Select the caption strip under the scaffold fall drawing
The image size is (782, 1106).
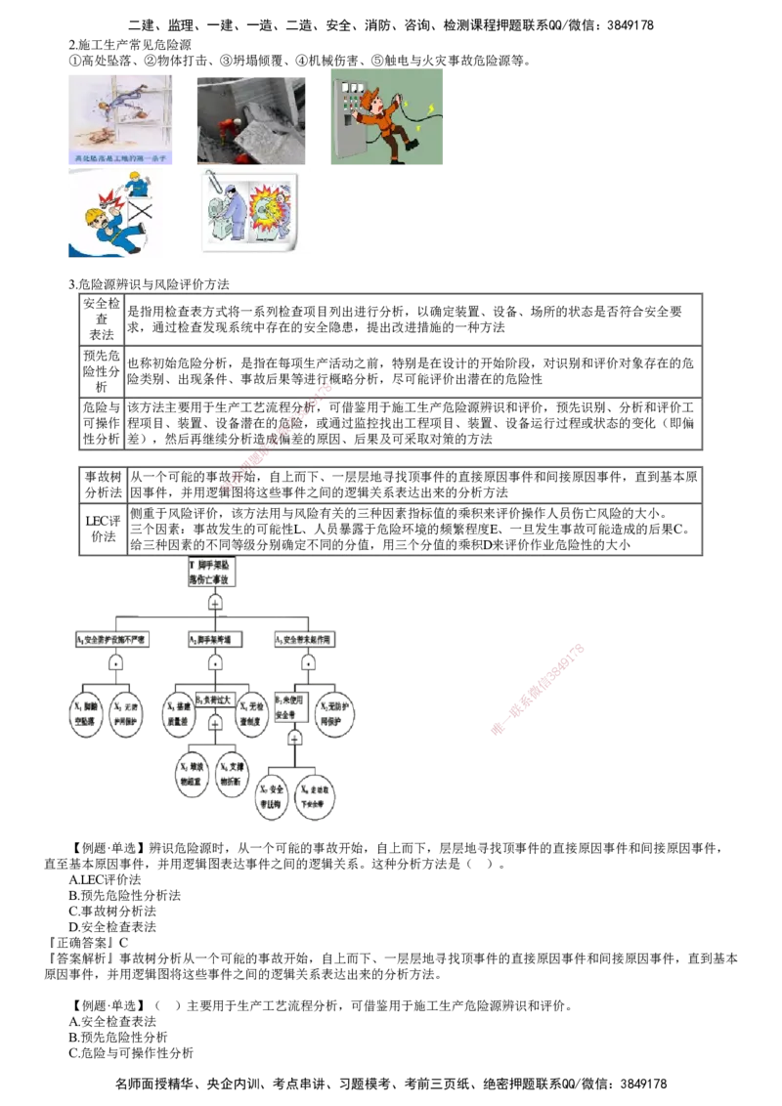121,156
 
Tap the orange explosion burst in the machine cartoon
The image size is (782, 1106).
265,210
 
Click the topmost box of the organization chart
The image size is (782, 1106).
211,574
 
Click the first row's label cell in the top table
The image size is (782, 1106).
100,319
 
